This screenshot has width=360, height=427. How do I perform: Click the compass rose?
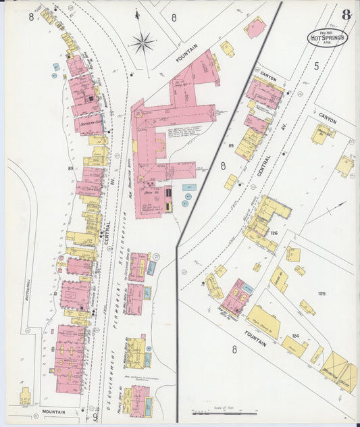point(143,43)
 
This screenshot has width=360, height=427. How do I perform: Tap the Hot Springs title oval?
point(328,38)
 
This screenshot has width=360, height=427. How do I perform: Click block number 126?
point(274,233)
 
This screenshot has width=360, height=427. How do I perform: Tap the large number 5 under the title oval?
point(316,66)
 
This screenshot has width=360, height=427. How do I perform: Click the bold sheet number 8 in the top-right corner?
point(346,14)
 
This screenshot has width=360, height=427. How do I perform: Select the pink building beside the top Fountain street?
point(255,28)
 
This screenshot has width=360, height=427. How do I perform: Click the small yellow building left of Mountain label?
point(25,395)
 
